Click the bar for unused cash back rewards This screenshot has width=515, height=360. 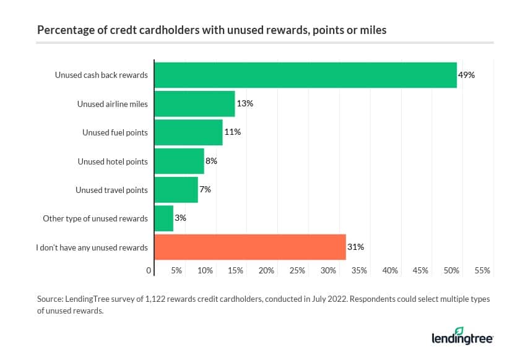tap(305, 75)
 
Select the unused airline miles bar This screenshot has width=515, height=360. tap(194, 104)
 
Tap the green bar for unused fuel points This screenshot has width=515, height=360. tap(188, 132)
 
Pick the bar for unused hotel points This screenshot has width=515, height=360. tap(179, 161)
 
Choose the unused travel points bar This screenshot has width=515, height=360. tap(176, 190)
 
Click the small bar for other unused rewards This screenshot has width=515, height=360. tap(163, 218)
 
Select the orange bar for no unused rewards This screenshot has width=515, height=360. tap(249, 247)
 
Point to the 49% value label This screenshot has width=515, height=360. tap(466, 75)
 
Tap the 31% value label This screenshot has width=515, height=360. tap(355, 247)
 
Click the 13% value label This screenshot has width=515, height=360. tap(245, 104)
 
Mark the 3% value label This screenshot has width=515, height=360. tap(180, 218)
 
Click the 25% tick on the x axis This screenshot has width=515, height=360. tap(297, 270)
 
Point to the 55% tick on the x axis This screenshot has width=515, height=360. tap(482, 270)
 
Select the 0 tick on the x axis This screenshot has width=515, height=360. tap(149, 270)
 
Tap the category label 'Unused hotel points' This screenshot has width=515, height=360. tap(113, 161)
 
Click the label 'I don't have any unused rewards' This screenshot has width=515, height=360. tap(92, 247)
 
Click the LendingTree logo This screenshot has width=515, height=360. tap(462, 337)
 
